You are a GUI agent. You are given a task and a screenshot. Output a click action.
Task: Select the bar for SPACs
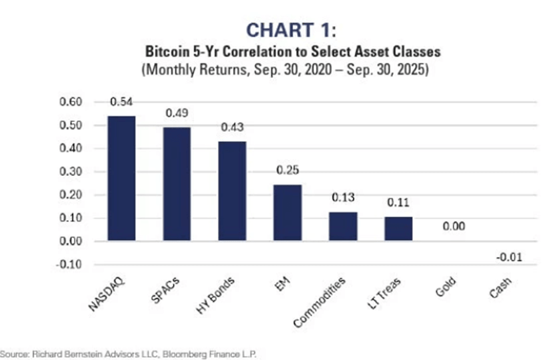177,184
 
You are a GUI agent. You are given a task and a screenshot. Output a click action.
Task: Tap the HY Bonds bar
233,191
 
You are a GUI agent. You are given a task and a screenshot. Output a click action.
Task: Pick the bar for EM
288,213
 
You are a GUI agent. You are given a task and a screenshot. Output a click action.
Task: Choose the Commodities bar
344,227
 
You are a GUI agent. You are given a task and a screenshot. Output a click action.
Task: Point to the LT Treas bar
399,229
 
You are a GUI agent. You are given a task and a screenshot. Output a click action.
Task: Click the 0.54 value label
121,101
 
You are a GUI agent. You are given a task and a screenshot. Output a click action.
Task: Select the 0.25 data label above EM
288,171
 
